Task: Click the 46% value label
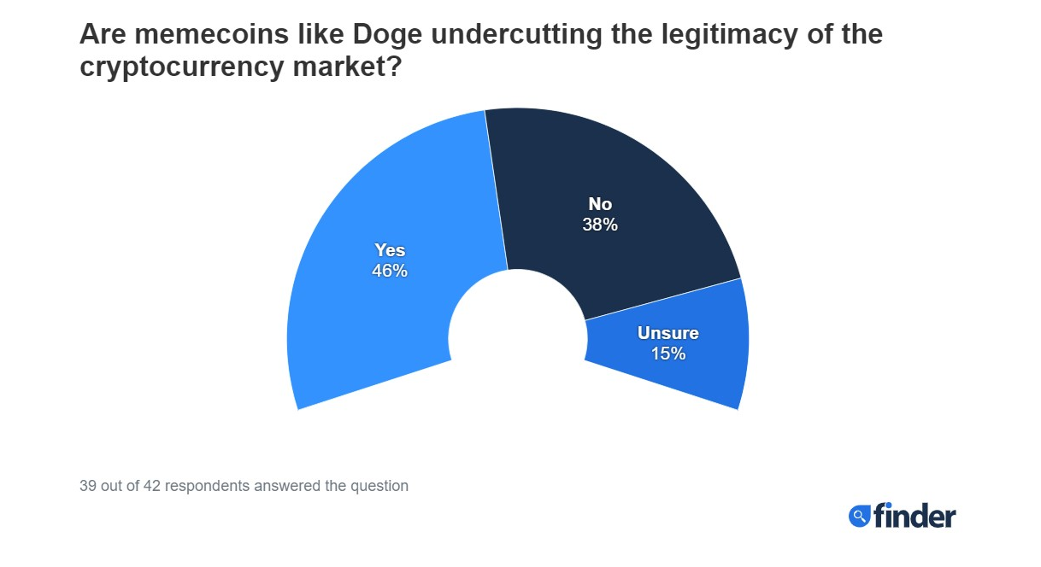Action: [x=390, y=272]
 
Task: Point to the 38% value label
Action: [x=600, y=225]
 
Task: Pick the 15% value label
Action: [x=668, y=354]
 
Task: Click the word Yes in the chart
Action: [x=390, y=250]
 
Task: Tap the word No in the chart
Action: [x=600, y=204]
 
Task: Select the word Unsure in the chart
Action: [x=668, y=332]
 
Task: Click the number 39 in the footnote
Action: [x=87, y=486]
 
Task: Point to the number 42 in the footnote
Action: [x=150, y=486]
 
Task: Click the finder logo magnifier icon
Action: [x=858, y=516]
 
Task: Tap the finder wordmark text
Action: [x=915, y=515]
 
